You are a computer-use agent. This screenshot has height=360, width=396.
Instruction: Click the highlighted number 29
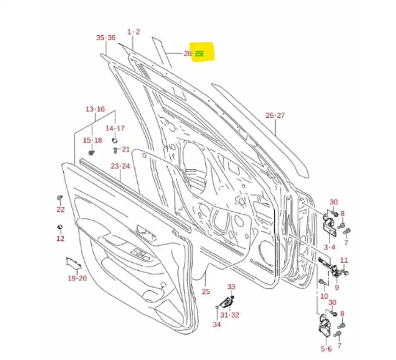pos(199,53)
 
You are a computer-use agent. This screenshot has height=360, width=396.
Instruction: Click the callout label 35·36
pos(106,38)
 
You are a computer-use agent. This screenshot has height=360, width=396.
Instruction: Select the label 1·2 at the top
pos(134,32)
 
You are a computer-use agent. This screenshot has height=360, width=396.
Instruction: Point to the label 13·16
pos(95,109)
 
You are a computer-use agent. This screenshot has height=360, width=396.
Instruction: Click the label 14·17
pos(115,128)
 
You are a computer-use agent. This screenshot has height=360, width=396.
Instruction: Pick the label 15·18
pos(93,140)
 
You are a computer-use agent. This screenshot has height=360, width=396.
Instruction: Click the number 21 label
pos(126,149)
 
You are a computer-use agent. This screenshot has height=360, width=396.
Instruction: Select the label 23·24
pos(120,166)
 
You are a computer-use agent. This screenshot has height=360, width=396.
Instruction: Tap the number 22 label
pos(61,209)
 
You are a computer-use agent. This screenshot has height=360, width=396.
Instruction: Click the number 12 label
pos(60,238)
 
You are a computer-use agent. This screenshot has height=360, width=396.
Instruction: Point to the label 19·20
pos(77,278)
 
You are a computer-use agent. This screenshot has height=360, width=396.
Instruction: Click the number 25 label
pos(206,292)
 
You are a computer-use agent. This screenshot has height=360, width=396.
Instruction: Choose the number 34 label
pos(217,324)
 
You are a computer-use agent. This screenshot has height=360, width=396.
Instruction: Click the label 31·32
pos(230,315)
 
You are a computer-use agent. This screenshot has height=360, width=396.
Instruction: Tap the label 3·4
pos(329,247)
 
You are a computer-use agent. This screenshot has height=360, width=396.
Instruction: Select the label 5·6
pos(327,349)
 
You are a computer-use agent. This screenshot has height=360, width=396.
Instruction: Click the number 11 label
pos(344,260)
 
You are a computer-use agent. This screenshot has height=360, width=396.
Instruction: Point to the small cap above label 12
pos(60,227)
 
